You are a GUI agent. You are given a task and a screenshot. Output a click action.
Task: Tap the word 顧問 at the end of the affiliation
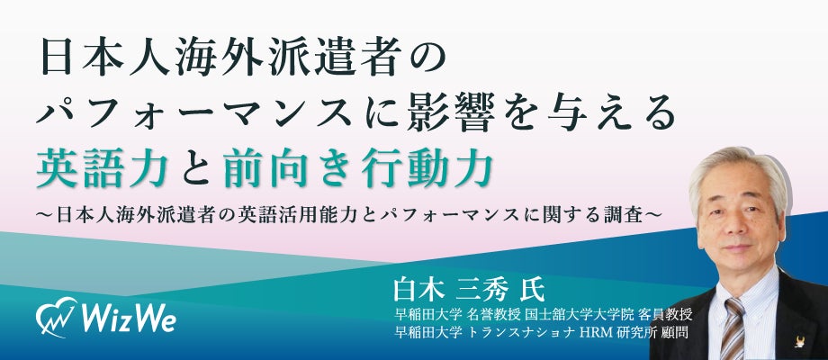tap(676, 332)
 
